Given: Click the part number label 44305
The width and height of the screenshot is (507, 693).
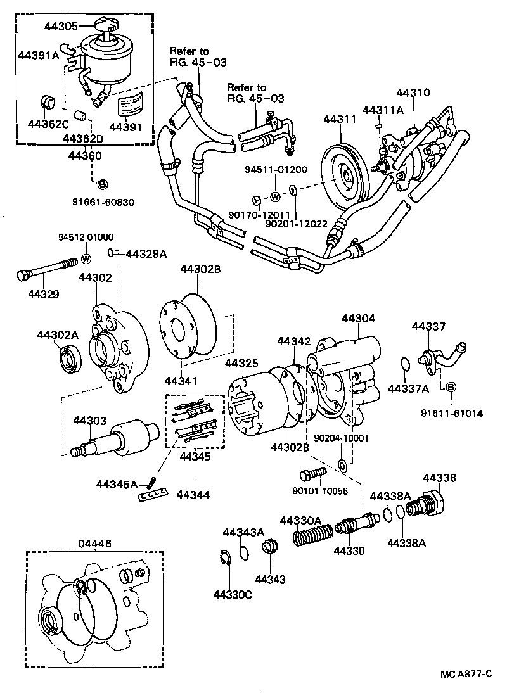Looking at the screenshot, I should [61, 26].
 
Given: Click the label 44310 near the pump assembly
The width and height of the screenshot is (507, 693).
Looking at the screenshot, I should [413, 92].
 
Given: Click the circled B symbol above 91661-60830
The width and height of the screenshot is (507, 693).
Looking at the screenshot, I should [101, 184].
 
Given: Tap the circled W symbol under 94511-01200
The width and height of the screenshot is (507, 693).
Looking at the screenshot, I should [276, 196].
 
